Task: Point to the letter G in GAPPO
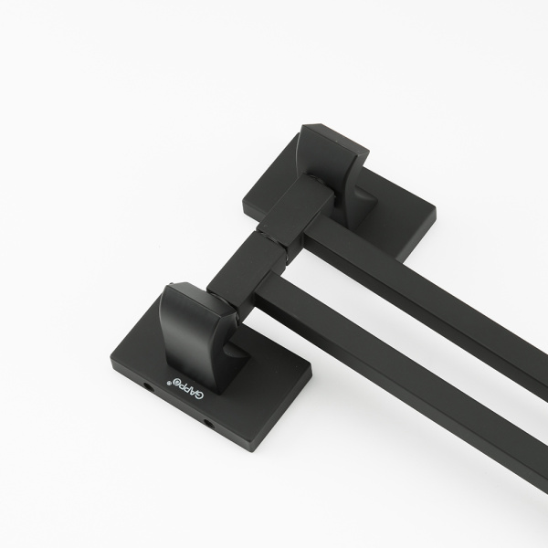[x=199, y=395]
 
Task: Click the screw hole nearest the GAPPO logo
[x=148, y=386]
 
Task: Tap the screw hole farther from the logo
[x=208, y=425]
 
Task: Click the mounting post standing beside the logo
[x=195, y=332]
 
